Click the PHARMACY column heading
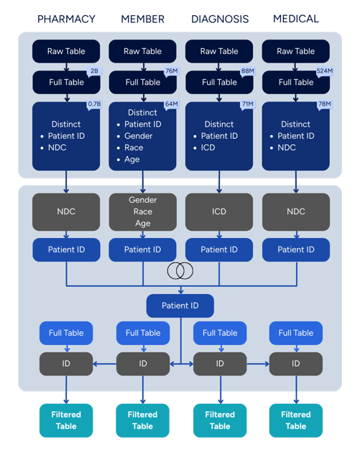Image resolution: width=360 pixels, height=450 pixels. click(65, 19)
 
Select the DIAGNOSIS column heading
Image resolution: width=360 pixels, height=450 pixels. click(220, 19)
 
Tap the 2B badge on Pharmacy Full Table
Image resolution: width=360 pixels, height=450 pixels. click(94, 70)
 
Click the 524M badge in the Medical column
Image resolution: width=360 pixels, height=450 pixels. click(324, 70)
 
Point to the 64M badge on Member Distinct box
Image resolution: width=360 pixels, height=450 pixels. click(171, 104)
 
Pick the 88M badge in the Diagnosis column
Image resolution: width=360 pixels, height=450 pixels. click(248, 70)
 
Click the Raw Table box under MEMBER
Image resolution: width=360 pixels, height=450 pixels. click(142, 51)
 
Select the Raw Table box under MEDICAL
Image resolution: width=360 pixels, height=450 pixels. click(296, 51)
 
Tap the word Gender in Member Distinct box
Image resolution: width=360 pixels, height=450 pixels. click(138, 136)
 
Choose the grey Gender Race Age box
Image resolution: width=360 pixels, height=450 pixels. click(142, 211)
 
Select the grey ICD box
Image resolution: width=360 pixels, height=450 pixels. click(219, 211)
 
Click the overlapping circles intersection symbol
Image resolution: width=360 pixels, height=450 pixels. click(180, 270)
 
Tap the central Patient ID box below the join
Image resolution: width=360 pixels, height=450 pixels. click(180, 306)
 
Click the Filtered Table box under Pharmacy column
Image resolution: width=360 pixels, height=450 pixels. click(65, 421)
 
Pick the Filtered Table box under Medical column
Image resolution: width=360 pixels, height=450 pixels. click(295, 421)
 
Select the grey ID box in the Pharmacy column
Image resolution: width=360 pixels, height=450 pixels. click(65, 364)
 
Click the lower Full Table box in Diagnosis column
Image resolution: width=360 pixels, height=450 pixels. click(219, 333)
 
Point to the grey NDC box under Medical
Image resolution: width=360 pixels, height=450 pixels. click(296, 211)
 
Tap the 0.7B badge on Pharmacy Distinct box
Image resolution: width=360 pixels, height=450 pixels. click(94, 104)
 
